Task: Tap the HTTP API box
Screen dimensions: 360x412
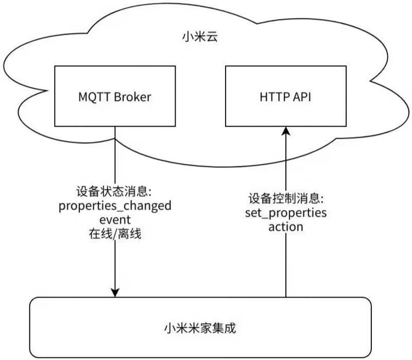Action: (x=286, y=96)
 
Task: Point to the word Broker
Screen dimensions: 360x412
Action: (x=132, y=97)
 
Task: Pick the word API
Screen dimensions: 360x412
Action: (x=303, y=97)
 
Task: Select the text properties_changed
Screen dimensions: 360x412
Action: (x=115, y=207)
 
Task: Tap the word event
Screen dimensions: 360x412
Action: (x=115, y=220)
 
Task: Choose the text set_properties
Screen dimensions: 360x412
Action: (x=286, y=213)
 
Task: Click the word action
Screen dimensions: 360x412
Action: (x=286, y=227)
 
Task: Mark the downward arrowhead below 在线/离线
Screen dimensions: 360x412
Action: (x=115, y=292)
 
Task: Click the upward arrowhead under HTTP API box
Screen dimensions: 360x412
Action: (x=286, y=132)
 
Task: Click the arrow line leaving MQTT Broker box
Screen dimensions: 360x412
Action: (x=115, y=155)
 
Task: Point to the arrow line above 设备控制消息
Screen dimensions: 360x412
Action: (x=286, y=165)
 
